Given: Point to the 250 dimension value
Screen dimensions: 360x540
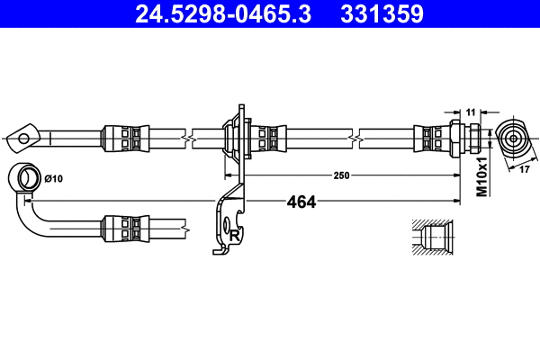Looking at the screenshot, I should coord(340,175).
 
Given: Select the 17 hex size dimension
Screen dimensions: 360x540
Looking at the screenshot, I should coord(524,167).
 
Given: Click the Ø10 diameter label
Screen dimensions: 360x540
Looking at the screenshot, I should coord(55,177).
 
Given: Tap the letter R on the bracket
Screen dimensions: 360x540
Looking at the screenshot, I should coord(234,235).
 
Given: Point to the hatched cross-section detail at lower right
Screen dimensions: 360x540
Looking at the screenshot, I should coord(432,238).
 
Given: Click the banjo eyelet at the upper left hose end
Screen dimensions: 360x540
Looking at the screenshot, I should coord(26,137).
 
